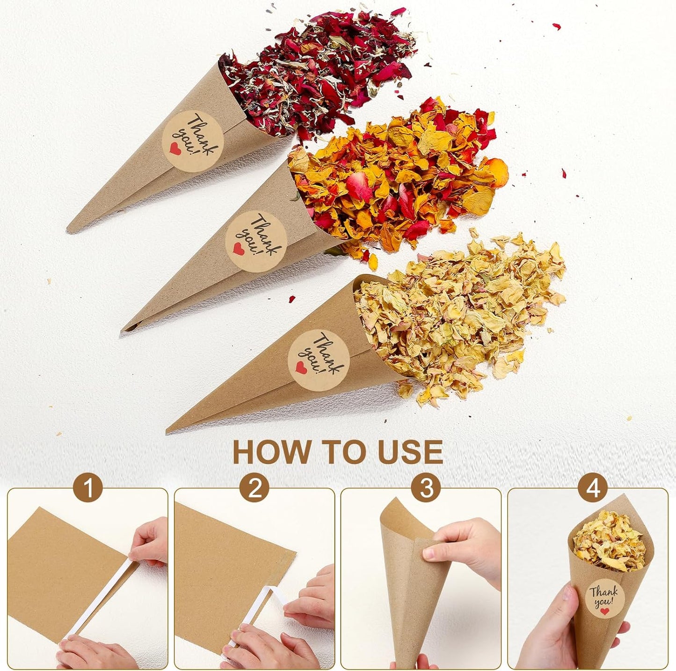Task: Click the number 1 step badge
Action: (x=87, y=489)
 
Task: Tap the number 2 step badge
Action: (x=254, y=489)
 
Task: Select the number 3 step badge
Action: (x=425, y=489)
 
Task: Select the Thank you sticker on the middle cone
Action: (x=256, y=241)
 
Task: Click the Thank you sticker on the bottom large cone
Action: (x=319, y=359)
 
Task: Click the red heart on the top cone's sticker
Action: (x=174, y=148)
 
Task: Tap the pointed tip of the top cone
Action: (x=69, y=230)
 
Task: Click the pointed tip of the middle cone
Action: (x=124, y=330)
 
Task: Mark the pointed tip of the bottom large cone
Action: (x=169, y=429)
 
